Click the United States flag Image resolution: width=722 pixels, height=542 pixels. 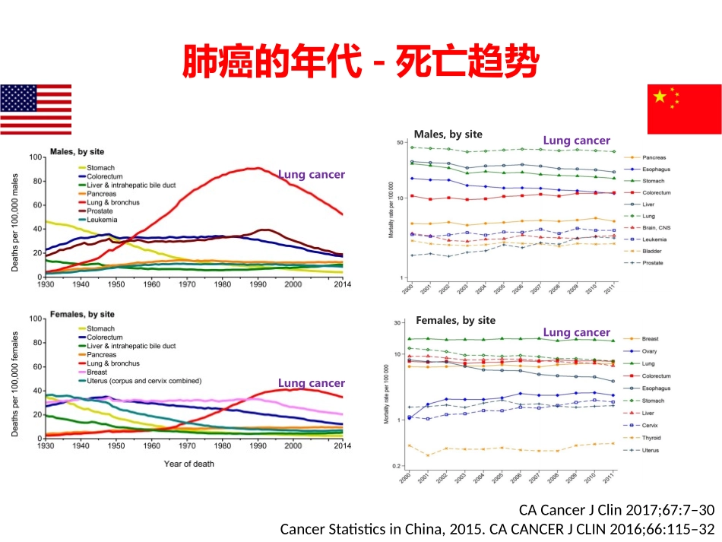point(36,109)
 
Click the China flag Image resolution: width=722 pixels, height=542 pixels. point(684,109)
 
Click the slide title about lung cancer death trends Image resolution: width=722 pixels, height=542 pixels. point(360,62)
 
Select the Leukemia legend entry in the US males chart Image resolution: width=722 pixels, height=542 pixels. point(103,219)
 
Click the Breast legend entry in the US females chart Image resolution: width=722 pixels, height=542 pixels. point(99,372)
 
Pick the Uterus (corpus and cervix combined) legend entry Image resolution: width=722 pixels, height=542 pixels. point(144,381)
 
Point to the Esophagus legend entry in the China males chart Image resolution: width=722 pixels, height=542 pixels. point(656,169)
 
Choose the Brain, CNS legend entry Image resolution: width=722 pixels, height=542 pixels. point(657,227)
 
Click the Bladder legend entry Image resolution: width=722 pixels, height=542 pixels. point(652,251)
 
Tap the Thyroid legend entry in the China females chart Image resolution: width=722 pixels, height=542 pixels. point(652,438)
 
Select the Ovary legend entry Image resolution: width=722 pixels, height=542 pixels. point(650,351)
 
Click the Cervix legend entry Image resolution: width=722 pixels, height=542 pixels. point(651,426)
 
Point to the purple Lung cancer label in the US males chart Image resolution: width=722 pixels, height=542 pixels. point(311,174)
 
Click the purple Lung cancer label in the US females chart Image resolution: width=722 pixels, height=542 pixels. point(311,383)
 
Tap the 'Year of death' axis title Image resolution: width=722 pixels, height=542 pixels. point(189,464)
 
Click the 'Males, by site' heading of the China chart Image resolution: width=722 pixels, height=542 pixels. point(448,135)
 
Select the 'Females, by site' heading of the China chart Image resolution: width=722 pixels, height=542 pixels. point(455,320)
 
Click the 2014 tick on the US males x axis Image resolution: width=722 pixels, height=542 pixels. point(342,284)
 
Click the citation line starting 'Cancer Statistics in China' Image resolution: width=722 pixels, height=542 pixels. point(498,529)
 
